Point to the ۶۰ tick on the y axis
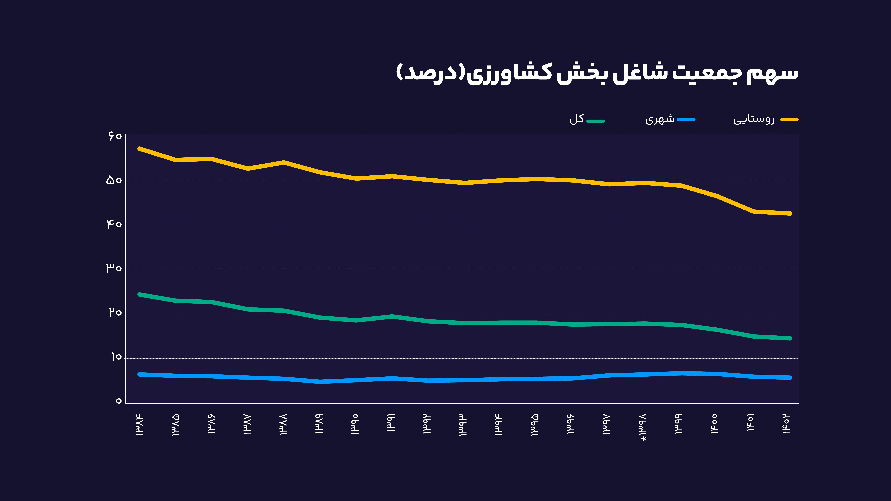click(x=115, y=136)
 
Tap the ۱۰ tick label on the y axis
click(x=116, y=357)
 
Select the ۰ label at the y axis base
click(x=119, y=401)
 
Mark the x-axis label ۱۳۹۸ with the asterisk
click(x=643, y=427)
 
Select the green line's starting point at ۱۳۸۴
click(x=139, y=294)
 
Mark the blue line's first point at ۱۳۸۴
click(x=139, y=374)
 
